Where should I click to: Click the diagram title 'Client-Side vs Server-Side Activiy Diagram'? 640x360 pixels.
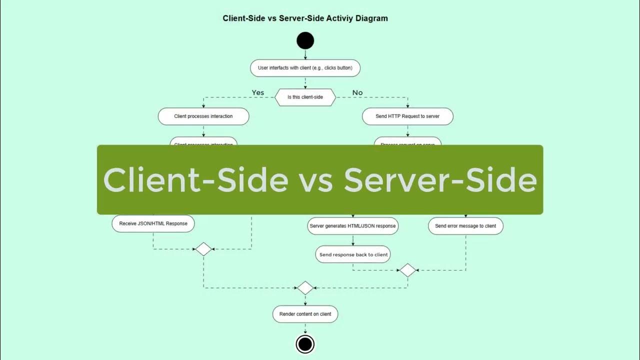[x=305, y=18]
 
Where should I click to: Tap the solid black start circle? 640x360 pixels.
[x=305, y=40]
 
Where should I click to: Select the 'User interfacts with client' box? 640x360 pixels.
[x=305, y=67]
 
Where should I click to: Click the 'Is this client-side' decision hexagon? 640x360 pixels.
[x=305, y=97]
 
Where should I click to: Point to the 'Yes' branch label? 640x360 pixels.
[x=258, y=92]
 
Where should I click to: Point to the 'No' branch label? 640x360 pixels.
[x=357, y=92]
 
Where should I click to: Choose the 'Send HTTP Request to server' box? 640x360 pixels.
[x=407, y=116]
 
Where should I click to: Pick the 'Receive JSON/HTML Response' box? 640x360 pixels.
[x=153, y=223]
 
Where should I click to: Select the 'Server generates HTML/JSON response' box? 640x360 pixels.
[x=352, y=226]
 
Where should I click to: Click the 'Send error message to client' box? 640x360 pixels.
[x=465, y=226]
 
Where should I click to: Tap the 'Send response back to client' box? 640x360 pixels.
[x=353, y=254]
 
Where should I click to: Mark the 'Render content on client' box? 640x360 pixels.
[x=305, y=314]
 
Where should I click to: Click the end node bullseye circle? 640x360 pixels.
[x=305, y=344]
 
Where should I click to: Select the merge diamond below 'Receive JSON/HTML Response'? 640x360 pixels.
[x=203, y=249]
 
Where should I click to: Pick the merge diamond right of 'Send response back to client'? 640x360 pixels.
[x=407, y=270]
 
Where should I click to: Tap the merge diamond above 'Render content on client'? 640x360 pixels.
[x=305, y=288]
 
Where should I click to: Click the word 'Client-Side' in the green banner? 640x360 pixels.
[x=195, y=179]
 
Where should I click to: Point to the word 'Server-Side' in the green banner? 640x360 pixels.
[x=440, y=179]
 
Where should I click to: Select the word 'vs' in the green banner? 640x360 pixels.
[x=316, y=181]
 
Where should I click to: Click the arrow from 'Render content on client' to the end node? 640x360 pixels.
[x=305, y=328]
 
